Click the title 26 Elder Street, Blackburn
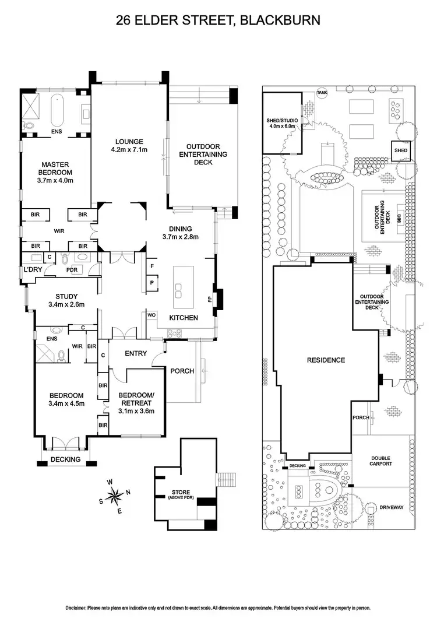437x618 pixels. coord(218,21)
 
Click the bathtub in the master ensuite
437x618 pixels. coord(57,109)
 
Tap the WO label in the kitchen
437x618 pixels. coord(150,315)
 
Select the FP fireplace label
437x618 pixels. coord(210,299)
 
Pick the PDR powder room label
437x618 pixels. coord(72,269)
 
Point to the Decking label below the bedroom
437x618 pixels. coord(65,459)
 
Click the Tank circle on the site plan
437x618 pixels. coord(321,93)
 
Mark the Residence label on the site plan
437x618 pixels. coord(326,360)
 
